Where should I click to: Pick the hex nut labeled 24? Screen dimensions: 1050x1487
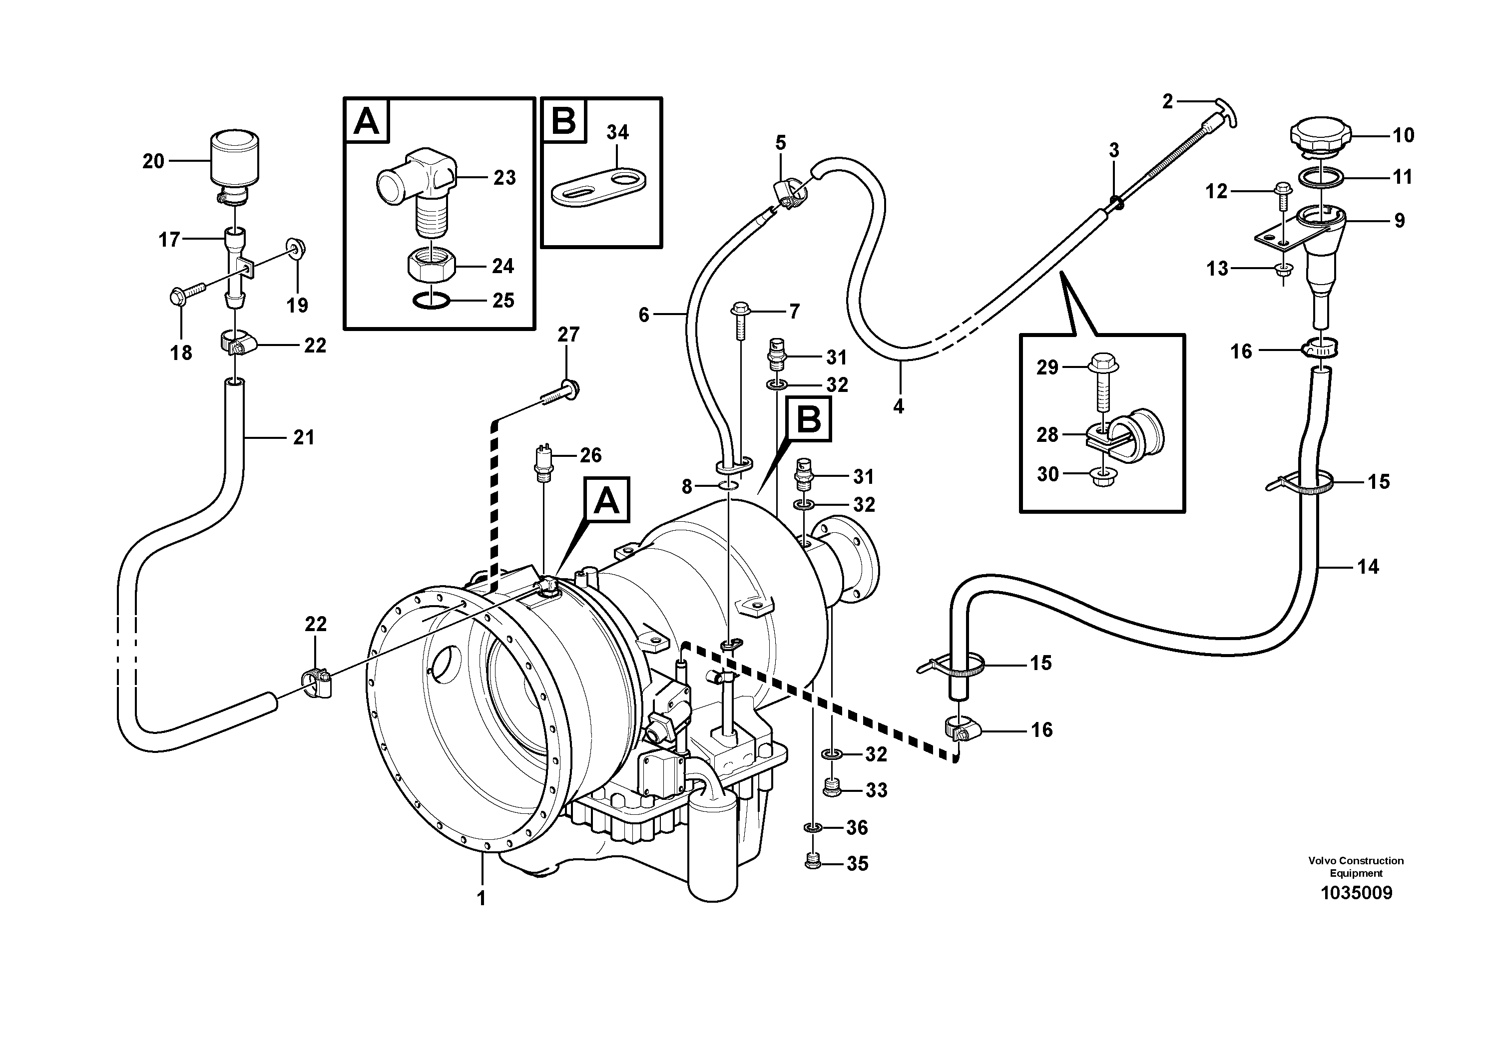[430, 266]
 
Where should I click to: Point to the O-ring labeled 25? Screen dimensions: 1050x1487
[430, 301]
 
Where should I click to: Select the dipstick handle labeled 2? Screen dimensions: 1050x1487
[1225, 114]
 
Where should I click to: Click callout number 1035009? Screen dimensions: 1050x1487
[1356, 893]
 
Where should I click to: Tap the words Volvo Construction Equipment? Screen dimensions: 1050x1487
[1356, 866]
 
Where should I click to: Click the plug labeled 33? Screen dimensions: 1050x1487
[832, 789]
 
